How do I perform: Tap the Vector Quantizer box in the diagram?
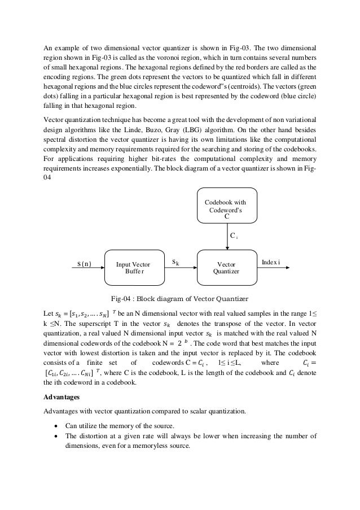[x=227, y=267]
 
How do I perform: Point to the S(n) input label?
[x=84, y=263]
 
